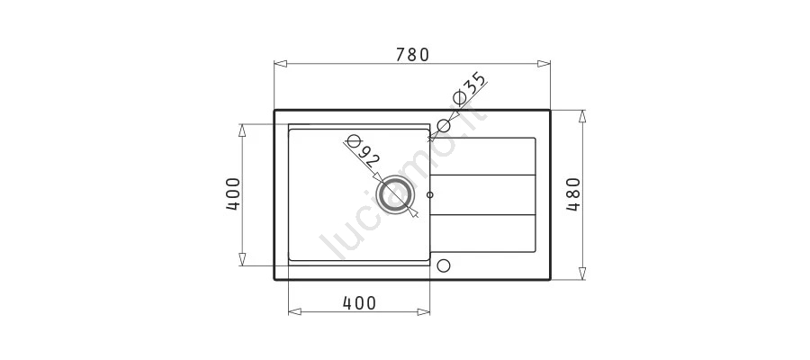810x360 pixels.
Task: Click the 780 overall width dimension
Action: [x=412, y=55]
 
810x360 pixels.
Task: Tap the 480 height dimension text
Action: [x=573, y=194]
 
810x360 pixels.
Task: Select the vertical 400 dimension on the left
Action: [x=233, y=194]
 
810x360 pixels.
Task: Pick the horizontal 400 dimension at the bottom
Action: [x=359, y=303]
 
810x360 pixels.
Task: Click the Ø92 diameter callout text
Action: [x=360, y=150]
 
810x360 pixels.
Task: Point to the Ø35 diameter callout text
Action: [x=469, y=89]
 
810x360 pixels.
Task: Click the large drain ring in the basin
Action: [x=396, y=195]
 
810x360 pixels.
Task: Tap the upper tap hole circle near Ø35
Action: [x=444, y=125]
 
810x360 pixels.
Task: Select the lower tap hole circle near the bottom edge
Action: [x=443, y=265]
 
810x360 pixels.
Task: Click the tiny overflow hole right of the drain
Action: [x=430, y=195]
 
